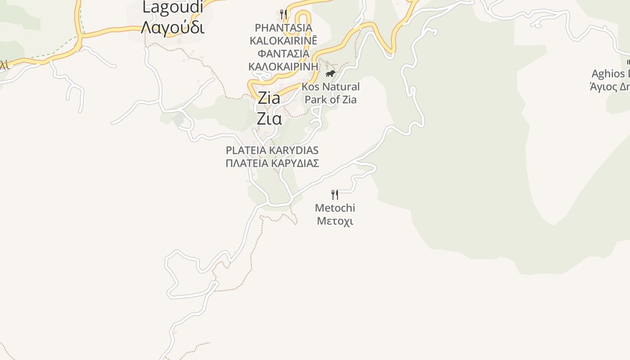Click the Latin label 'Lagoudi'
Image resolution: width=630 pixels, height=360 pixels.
[173, 7]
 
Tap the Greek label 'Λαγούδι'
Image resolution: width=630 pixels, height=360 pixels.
[173, 27]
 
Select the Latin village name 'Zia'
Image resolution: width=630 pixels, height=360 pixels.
[269, 98]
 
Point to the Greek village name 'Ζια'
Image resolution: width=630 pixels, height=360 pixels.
[269, 119]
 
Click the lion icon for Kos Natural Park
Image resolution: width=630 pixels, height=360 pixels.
[330, 73]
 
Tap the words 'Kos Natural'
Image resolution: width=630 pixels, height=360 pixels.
[331, 86]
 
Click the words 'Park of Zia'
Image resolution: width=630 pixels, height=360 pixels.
[331, 99]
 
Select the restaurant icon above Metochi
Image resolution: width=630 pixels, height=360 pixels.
[335, 194]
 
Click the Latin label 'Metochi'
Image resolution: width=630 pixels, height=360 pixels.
[335, 208]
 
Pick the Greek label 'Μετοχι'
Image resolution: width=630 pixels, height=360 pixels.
[335, 221]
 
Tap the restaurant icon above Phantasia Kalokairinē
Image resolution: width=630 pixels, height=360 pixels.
[283, 14]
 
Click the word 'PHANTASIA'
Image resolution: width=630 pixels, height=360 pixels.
[283, 28]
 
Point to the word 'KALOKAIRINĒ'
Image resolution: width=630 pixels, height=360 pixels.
[283, 40]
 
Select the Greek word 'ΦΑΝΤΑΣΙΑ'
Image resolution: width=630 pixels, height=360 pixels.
[283, 54]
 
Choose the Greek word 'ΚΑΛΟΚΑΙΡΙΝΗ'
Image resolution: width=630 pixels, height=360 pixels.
[283, 67]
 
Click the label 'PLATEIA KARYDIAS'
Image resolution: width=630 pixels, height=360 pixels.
[272, 150]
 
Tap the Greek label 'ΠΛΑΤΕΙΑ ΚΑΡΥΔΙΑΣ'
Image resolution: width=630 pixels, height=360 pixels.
[272, 163]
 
